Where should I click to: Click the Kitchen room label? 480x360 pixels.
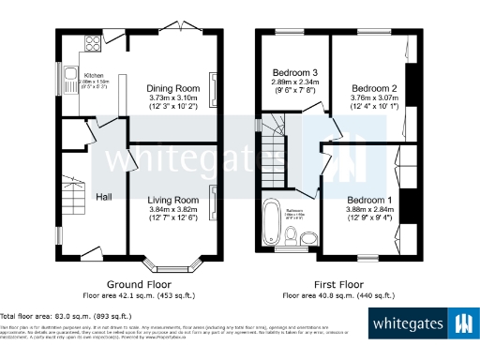[93, 75]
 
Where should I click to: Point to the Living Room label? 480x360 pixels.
[173, 200]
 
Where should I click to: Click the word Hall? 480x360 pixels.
[104, 196]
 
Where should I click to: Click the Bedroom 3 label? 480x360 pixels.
[295, 72]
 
